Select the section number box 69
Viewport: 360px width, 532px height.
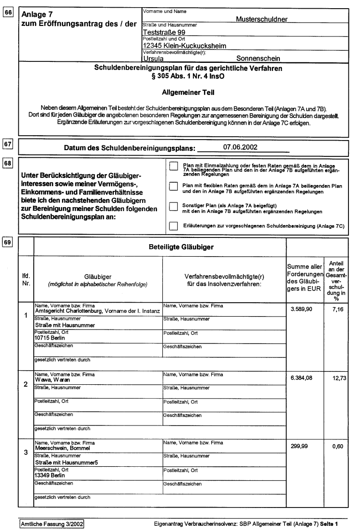[x=9, y=242]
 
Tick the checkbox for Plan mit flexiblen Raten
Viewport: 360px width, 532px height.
[x=174, y=187]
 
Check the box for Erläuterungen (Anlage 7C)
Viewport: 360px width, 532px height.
[x=174, y=225]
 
